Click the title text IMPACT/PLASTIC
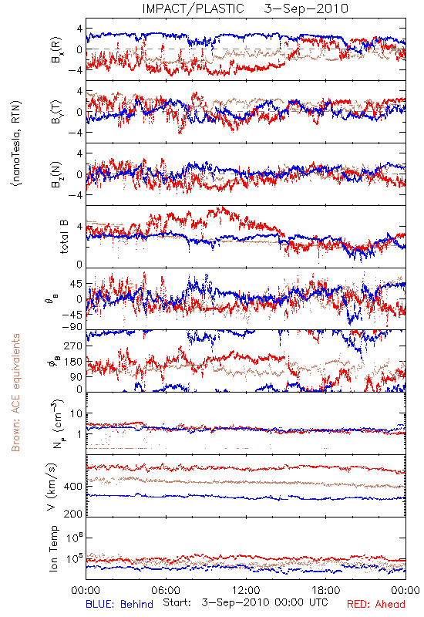(x=193, y=8)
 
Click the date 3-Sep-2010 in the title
(x=306, y=8)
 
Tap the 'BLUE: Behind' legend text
(x=119, y=604)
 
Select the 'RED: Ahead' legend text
(x=376, y=604)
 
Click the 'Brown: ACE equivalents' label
(x=15, y=393)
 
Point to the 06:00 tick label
(x=166, y=590)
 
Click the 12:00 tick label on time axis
(x=246, y=590)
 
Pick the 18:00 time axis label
(x=326, y=590)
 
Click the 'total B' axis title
(x=64, y=237)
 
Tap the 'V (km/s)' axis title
(x=52, y=487)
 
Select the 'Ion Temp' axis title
(x=53, y=548)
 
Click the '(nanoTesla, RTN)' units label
(x=16, y=143)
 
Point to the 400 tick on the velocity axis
(x=74, y=487)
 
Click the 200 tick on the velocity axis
(x=74, y=514)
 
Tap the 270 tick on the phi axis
(x=74, y=346)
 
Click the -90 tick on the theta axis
(x=72, y=326)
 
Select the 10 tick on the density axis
(x=76, y=413)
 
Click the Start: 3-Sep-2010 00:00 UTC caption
(x=245, y=603)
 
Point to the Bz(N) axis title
(x=56, y=174)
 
